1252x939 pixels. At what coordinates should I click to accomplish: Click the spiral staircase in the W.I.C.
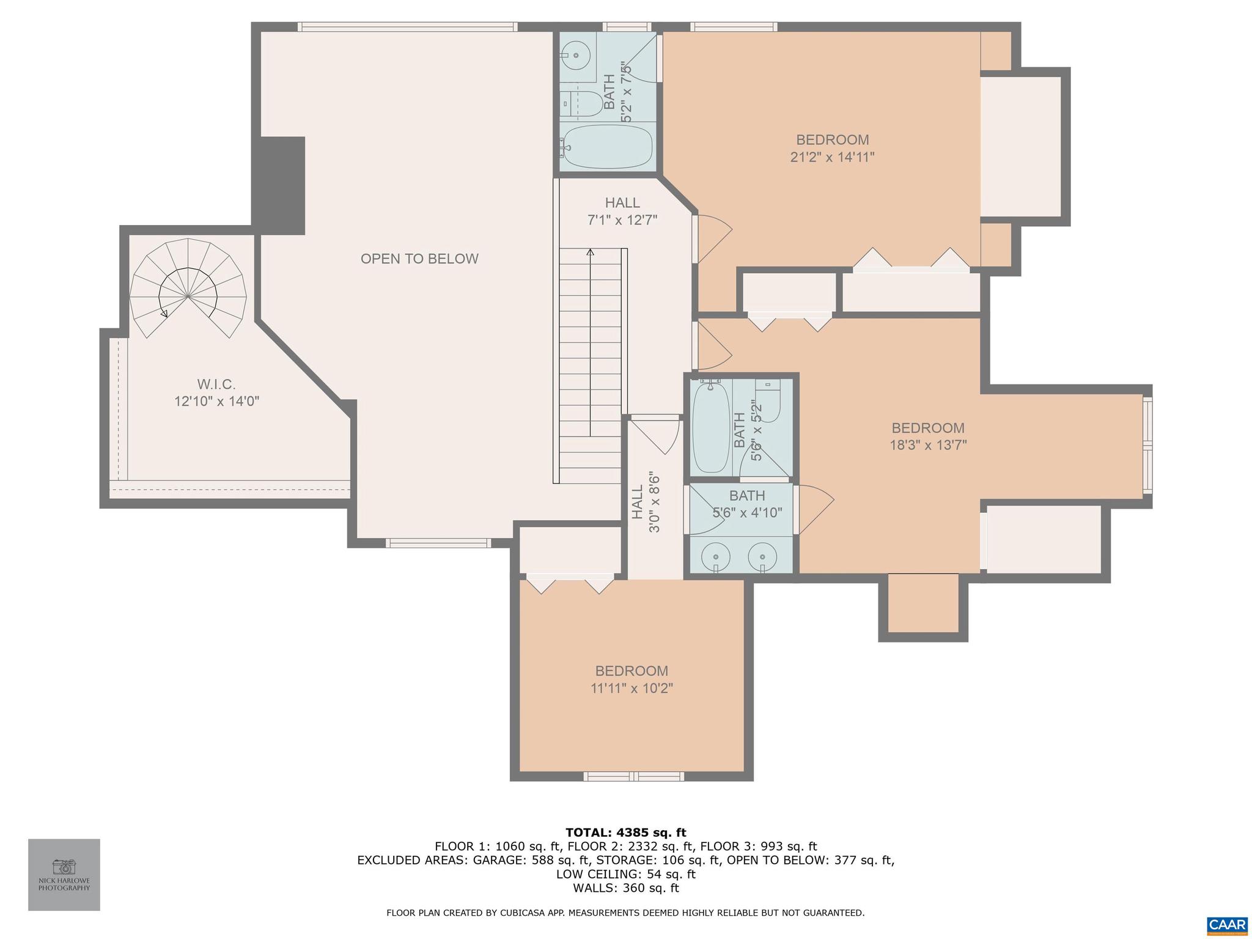pos(188,289)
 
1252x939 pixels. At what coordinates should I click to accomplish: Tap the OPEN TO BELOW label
pos(419,259)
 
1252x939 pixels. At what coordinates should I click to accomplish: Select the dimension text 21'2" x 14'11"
pos(832,157)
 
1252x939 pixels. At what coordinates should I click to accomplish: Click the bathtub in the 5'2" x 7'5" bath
pos(607,147)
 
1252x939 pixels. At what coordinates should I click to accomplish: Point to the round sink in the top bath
pos(576,55)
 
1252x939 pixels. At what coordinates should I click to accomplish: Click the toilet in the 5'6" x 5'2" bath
pos(768,400)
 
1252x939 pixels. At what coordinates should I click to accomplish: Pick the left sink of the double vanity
pos(715,556)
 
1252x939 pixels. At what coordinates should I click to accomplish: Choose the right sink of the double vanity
pos(763,556)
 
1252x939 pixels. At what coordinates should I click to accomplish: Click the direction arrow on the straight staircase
pos(590,252)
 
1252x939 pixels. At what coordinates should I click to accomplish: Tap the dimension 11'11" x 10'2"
pos(632,688)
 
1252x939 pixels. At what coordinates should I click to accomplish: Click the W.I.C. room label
pos(216,385)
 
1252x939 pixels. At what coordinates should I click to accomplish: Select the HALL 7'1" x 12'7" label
pos(622,212)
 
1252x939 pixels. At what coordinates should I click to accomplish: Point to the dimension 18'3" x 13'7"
pos(927,445)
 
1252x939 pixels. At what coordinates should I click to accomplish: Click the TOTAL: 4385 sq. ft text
pos(625,833)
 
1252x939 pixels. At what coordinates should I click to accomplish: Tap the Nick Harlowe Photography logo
pos(64,874)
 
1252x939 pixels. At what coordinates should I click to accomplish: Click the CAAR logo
pos(1227,925)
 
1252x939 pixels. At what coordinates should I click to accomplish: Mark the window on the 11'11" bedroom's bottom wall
pos(633,776)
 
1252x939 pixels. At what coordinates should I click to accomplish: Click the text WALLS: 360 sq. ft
pos(625,888)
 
